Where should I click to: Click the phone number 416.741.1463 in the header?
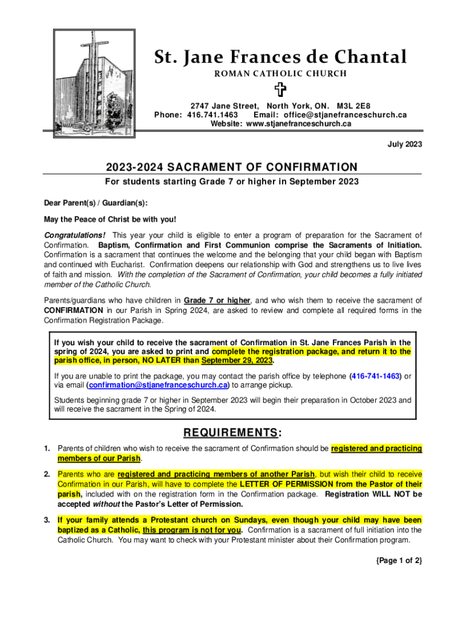click(212, 114)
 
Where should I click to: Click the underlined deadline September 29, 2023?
click(237, 361)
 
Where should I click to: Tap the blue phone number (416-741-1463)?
click(376, 376)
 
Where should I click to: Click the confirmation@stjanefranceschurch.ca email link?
click(158, 385)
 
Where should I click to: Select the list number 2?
click(47, 474)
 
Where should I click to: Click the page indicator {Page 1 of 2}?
click(398, 561)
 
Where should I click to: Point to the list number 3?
click(47, 520)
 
